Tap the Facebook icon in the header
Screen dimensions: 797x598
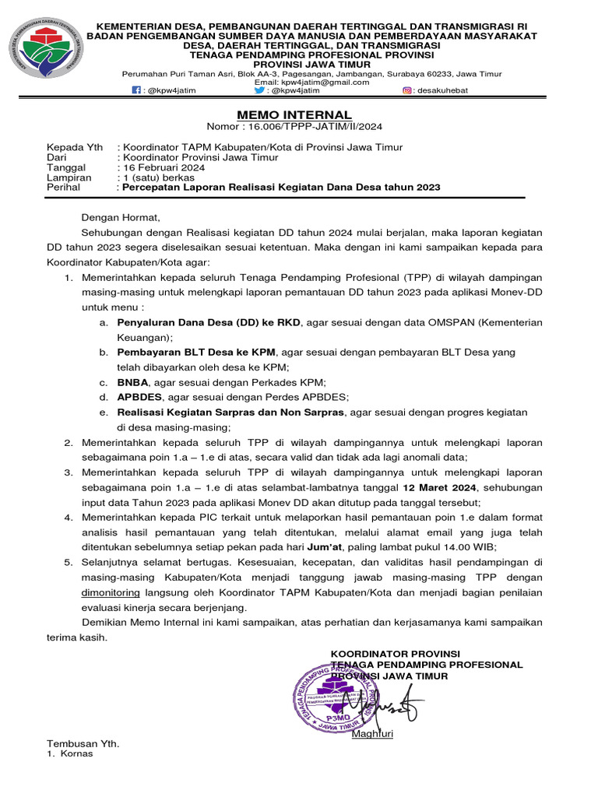(136, 91)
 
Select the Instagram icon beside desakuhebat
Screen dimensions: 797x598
(407, 91)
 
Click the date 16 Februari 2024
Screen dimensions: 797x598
(162, 167)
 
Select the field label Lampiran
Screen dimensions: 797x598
(69, 177)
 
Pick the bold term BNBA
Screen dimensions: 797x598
(133, 382)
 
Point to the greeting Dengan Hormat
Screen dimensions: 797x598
(120, 218)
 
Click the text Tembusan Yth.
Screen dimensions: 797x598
(83, 743)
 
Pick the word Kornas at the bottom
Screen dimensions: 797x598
(76, 753)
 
